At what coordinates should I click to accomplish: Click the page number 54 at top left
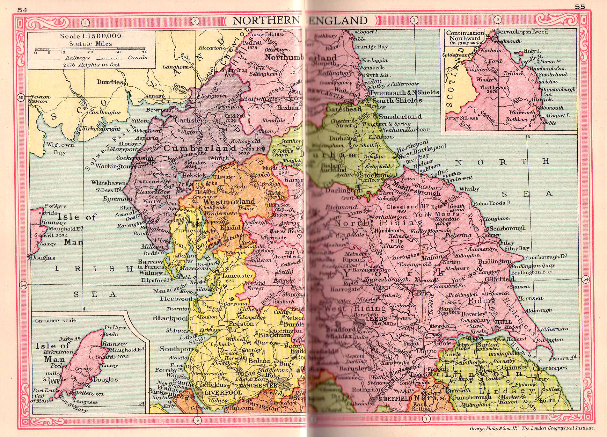[x=22, y=10]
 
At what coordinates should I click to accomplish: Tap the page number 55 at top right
[x=580, y=7]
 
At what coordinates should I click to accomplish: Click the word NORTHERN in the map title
[x=266, y=21]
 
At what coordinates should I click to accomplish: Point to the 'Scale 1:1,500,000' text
[x=91, y=36]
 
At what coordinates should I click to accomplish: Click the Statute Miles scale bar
[x=91, y=50]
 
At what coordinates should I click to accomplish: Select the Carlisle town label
[x=187, y=120]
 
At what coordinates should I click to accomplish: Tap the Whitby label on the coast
[x=469, y=189]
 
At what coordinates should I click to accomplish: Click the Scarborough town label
[x=508, y=228]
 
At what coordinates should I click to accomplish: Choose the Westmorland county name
[x=229, y=202]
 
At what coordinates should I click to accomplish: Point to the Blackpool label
[x=170, y=318]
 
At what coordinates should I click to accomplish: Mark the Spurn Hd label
[x=565, y=358]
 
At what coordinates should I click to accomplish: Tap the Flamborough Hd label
[x=545, y=257]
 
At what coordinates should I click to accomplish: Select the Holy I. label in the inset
[x=532, y=51]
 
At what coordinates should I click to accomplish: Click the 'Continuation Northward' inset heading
[x=465, y=35]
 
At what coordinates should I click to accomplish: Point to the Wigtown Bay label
[x=60, y=149]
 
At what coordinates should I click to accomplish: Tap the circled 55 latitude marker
[x=21, y=97]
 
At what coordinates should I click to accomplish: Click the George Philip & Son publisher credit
[x=532, y=428]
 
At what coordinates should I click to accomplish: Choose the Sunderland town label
[x=400, y=117]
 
